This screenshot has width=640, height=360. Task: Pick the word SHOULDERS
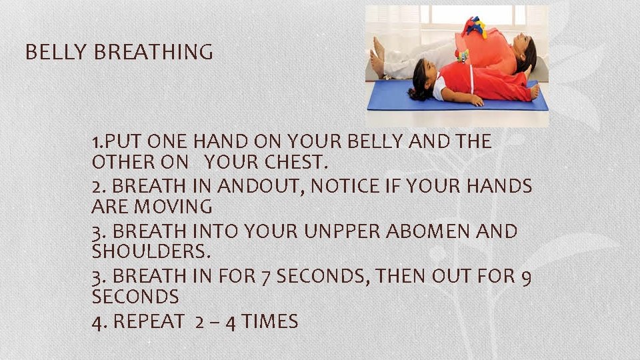tap(151, 253)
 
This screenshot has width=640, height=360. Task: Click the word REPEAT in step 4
tap(148, 321)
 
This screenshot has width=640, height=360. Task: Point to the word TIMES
tap(269, 321)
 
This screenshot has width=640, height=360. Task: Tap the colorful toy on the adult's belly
tap(474, 27)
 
